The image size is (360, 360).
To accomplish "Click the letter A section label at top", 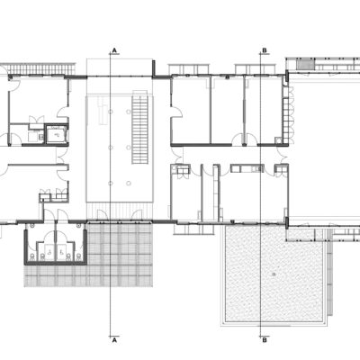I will coord(114,50).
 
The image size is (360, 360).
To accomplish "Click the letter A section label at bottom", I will coord(114,341).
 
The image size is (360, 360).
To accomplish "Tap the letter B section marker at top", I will coord(264,50).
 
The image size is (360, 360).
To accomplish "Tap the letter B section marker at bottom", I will coord(264,341).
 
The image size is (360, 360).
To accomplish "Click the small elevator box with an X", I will coord(56,135).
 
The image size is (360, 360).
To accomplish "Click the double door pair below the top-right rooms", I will coord(238,139).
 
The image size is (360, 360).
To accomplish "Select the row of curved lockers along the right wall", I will coord(287,112).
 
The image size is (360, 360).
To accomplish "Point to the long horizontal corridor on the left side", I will coord(31,155).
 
